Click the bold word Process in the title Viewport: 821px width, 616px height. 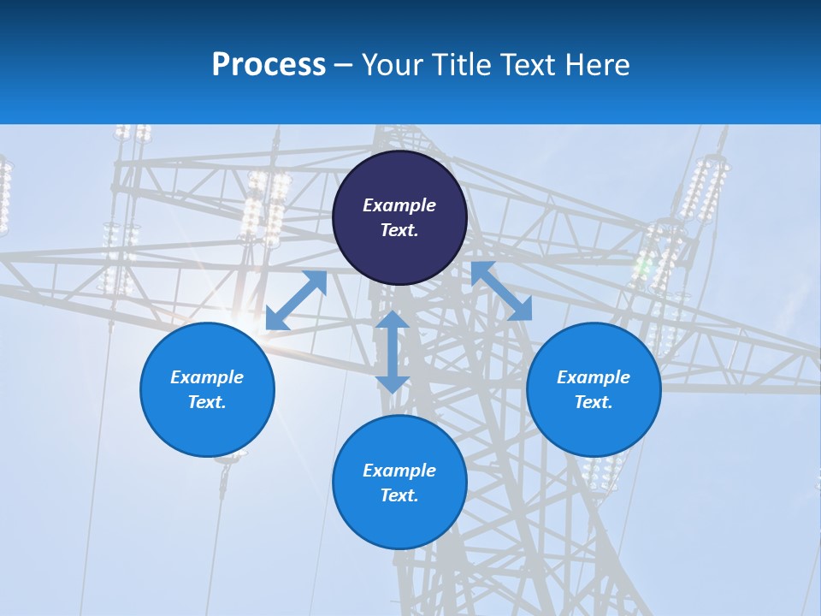(x=269, y=65)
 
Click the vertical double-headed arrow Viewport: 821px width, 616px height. (x=393, y=352)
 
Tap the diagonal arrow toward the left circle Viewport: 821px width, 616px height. (x=297, y=300)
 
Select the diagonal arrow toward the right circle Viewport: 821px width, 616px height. (x=501, y=291)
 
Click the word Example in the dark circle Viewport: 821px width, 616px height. (x=399, y=205)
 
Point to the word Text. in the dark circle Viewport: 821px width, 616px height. (x=399, y=230)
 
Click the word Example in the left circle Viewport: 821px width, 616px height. (x=207, y=377)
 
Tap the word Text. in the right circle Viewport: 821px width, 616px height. (x=594, y=402)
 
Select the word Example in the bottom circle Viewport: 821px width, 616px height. (x=399, y=471)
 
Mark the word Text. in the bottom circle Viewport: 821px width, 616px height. (x=399, y=495)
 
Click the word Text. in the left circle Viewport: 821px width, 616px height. (x=207, y=402)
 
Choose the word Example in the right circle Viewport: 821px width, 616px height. (x=594, y=377)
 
